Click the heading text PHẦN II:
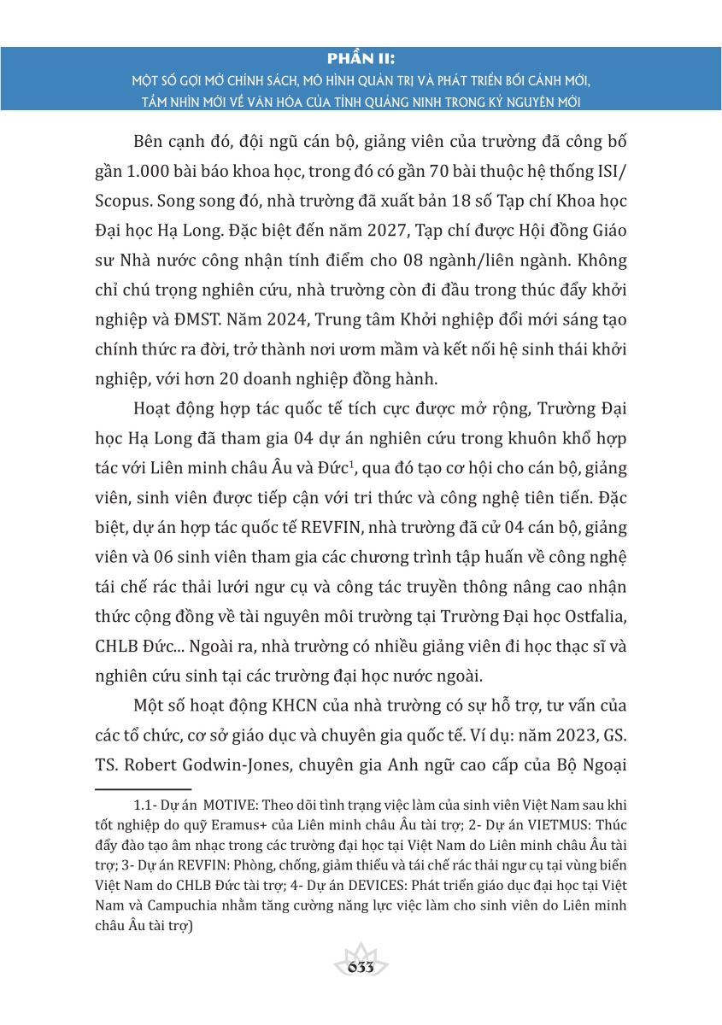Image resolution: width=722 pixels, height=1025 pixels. coord(361,59)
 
